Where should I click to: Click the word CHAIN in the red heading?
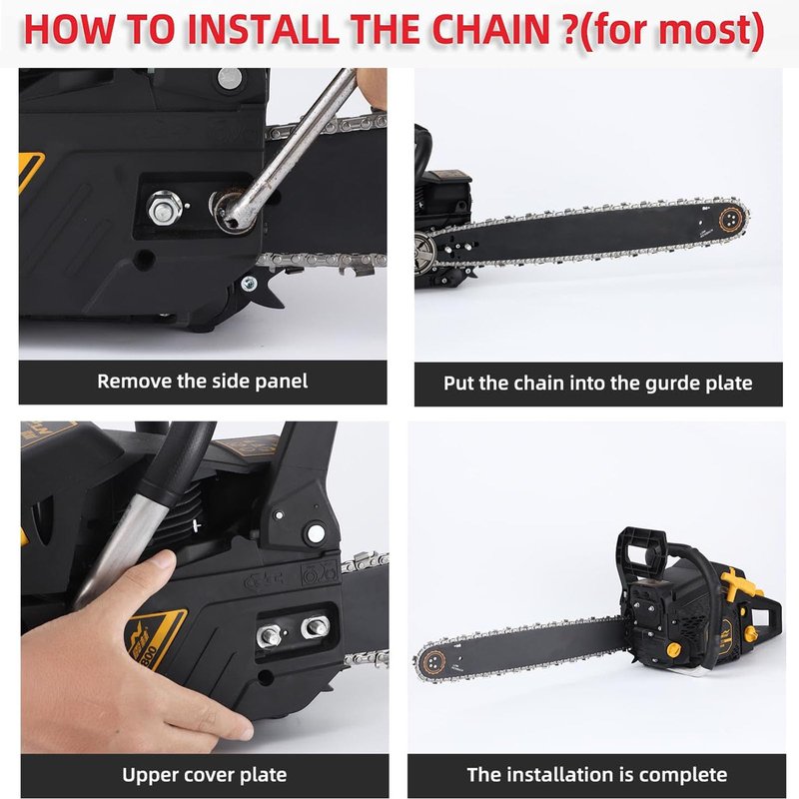click(490, 30)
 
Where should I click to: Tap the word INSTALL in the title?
click(263, 30)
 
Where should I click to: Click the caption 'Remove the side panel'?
click(203, 382)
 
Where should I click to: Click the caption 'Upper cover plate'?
click(205, 776)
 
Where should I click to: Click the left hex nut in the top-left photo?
click(164, 208)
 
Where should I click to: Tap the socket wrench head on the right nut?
click(230, 212)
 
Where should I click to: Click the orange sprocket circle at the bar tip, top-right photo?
click(731, 219)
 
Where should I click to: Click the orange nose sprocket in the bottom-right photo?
click(433, 663)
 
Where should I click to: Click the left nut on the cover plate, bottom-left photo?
click(269, 635)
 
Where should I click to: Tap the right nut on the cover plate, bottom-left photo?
click(316, 626)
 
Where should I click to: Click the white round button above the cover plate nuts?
click(316, 533)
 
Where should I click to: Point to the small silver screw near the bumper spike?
click(249, 284)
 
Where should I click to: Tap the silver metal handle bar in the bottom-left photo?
click(118, 550)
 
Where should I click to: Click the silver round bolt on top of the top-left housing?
click(230, 78)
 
